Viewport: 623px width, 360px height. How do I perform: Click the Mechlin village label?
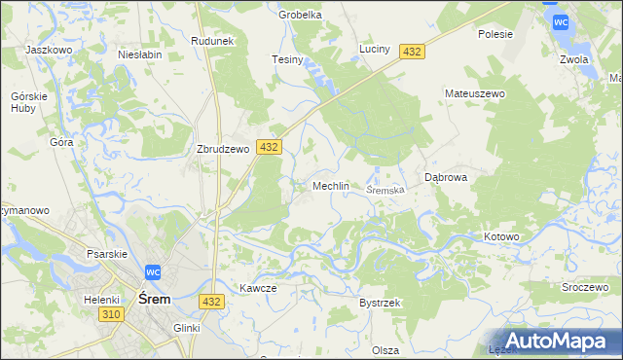330,185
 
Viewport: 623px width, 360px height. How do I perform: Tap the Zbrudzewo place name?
223,150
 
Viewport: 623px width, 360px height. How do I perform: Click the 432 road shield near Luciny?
412,52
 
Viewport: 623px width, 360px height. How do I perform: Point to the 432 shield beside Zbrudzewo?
270,147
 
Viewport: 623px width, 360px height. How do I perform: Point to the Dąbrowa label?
448,177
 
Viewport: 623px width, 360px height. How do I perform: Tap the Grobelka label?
300,15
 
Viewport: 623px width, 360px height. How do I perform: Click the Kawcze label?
259,288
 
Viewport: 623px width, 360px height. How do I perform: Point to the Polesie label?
495,33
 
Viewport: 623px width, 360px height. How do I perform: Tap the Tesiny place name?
288,59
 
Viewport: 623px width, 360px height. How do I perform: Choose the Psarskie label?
107,254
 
